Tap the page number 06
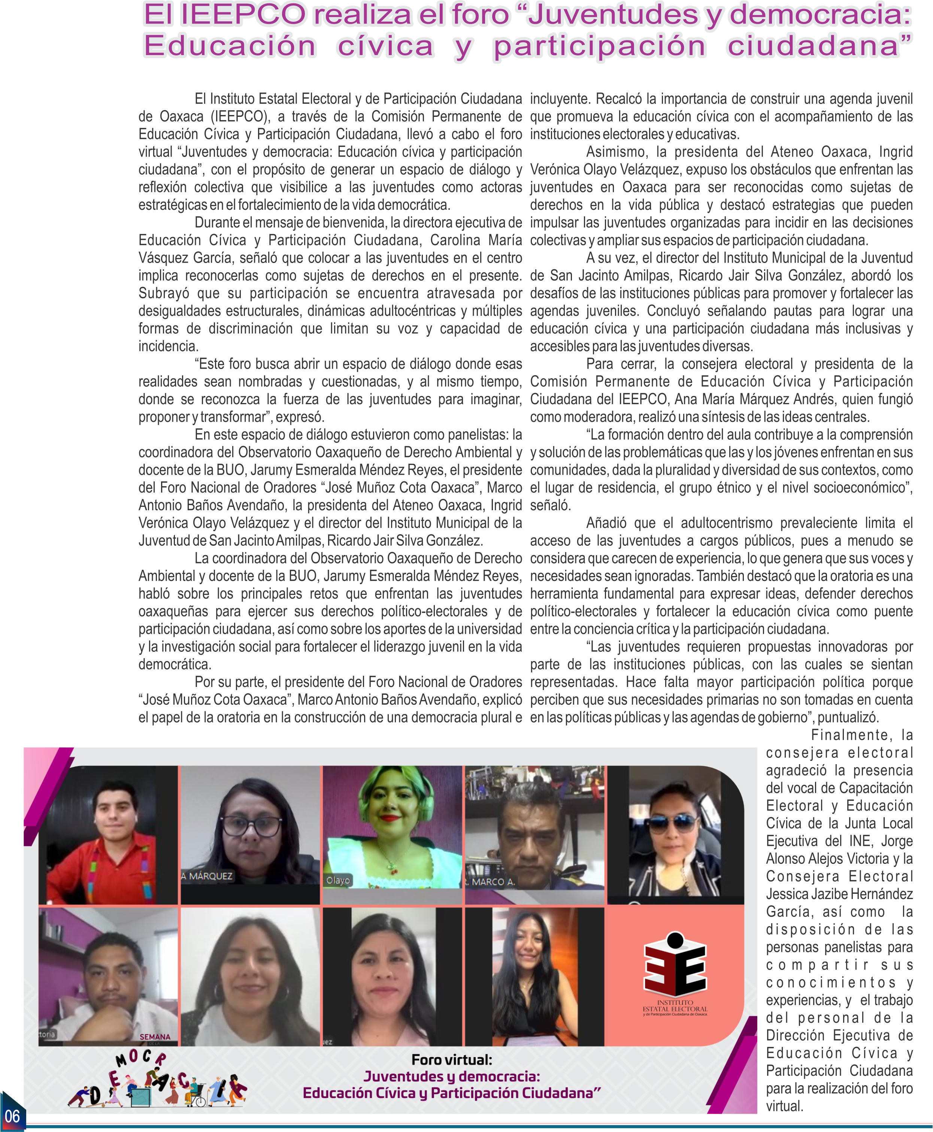pos(12,1116)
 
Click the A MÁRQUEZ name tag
pos(207,876)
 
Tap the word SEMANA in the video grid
pos(155,1037)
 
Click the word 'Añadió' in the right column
pos(606,523)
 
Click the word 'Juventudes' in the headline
pos(613,15)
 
